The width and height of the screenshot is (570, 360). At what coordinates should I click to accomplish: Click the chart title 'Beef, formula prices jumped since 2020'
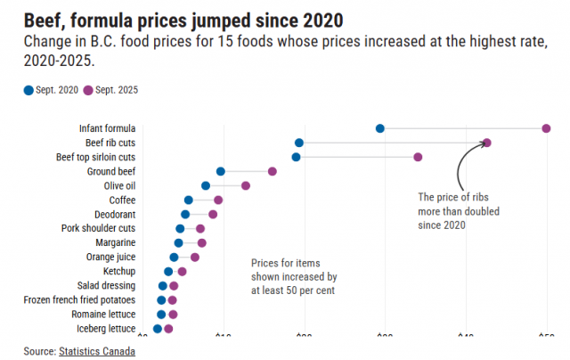click(x=183, y=19)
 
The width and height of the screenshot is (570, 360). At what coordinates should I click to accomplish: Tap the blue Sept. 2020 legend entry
click(x=52, y=90)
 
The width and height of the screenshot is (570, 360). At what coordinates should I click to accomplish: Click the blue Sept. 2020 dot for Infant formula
click(x=380, y=128)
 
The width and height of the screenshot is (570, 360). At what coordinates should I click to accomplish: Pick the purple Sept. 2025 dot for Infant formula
click(x=546, y=128)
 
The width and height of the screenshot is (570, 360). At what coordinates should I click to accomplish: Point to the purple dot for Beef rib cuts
click(x=486, y=143)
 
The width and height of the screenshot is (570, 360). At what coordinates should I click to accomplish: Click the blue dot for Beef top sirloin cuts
click(x=296, y=157)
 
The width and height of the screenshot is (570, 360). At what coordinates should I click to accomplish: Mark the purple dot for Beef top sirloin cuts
click(x=418, y=157)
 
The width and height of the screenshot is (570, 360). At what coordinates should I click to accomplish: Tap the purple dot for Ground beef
click(x=273, y=171)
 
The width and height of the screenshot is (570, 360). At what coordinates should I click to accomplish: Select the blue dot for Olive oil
click(x=206, y=185)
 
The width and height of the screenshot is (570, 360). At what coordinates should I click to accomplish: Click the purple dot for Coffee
click(x=218, y=200)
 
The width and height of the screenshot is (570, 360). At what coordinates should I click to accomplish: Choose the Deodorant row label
click(x=115, y=215)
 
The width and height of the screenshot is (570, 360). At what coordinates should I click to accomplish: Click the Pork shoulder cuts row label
click(x=99, y=228)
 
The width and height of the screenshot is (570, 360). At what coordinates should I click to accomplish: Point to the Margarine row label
click(x=116, y=242)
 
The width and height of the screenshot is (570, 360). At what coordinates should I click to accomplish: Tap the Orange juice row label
click(x=111, y=257)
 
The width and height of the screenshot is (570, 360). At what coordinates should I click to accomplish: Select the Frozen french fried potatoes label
click(x=80, y=300)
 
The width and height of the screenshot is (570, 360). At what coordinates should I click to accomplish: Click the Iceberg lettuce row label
click(x=104, y=329)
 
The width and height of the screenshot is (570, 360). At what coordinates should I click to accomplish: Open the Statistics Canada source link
click(x=97, y=351)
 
